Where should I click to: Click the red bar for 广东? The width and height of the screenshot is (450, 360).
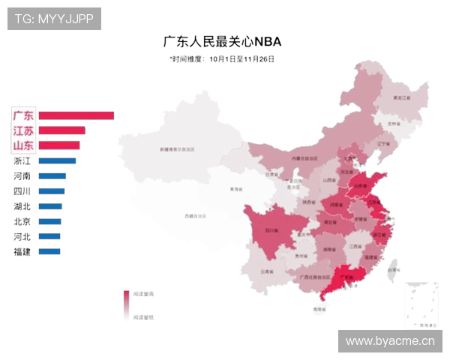[x=76, y=115]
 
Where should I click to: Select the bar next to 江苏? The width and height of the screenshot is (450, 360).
[x=61, y=130]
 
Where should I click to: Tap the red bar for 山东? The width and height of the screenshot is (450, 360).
[x=58, y=145]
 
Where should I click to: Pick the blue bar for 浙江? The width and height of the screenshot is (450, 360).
[x=57, y=160]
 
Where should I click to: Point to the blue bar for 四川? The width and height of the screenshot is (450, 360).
[x=51, y=191]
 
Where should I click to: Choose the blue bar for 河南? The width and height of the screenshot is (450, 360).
[x=52, y=176]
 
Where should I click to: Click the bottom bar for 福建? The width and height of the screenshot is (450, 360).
[x=49, y=251]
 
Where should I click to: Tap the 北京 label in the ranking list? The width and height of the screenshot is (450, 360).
[x=22, y=221]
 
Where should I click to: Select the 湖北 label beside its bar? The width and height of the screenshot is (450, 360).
[x=22, y=206]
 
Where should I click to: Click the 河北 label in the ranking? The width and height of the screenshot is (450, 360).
[x=22, y=236]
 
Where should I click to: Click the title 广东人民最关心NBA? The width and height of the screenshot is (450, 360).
[x=222, y=41]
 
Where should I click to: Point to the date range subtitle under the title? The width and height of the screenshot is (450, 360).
[x=222, y=58]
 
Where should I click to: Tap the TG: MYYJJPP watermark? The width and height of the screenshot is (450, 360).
[x=54, y=19]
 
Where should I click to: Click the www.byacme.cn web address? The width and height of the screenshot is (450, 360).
[x=390, y=341]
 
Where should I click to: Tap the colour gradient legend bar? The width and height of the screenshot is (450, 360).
[x=127, y=305]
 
